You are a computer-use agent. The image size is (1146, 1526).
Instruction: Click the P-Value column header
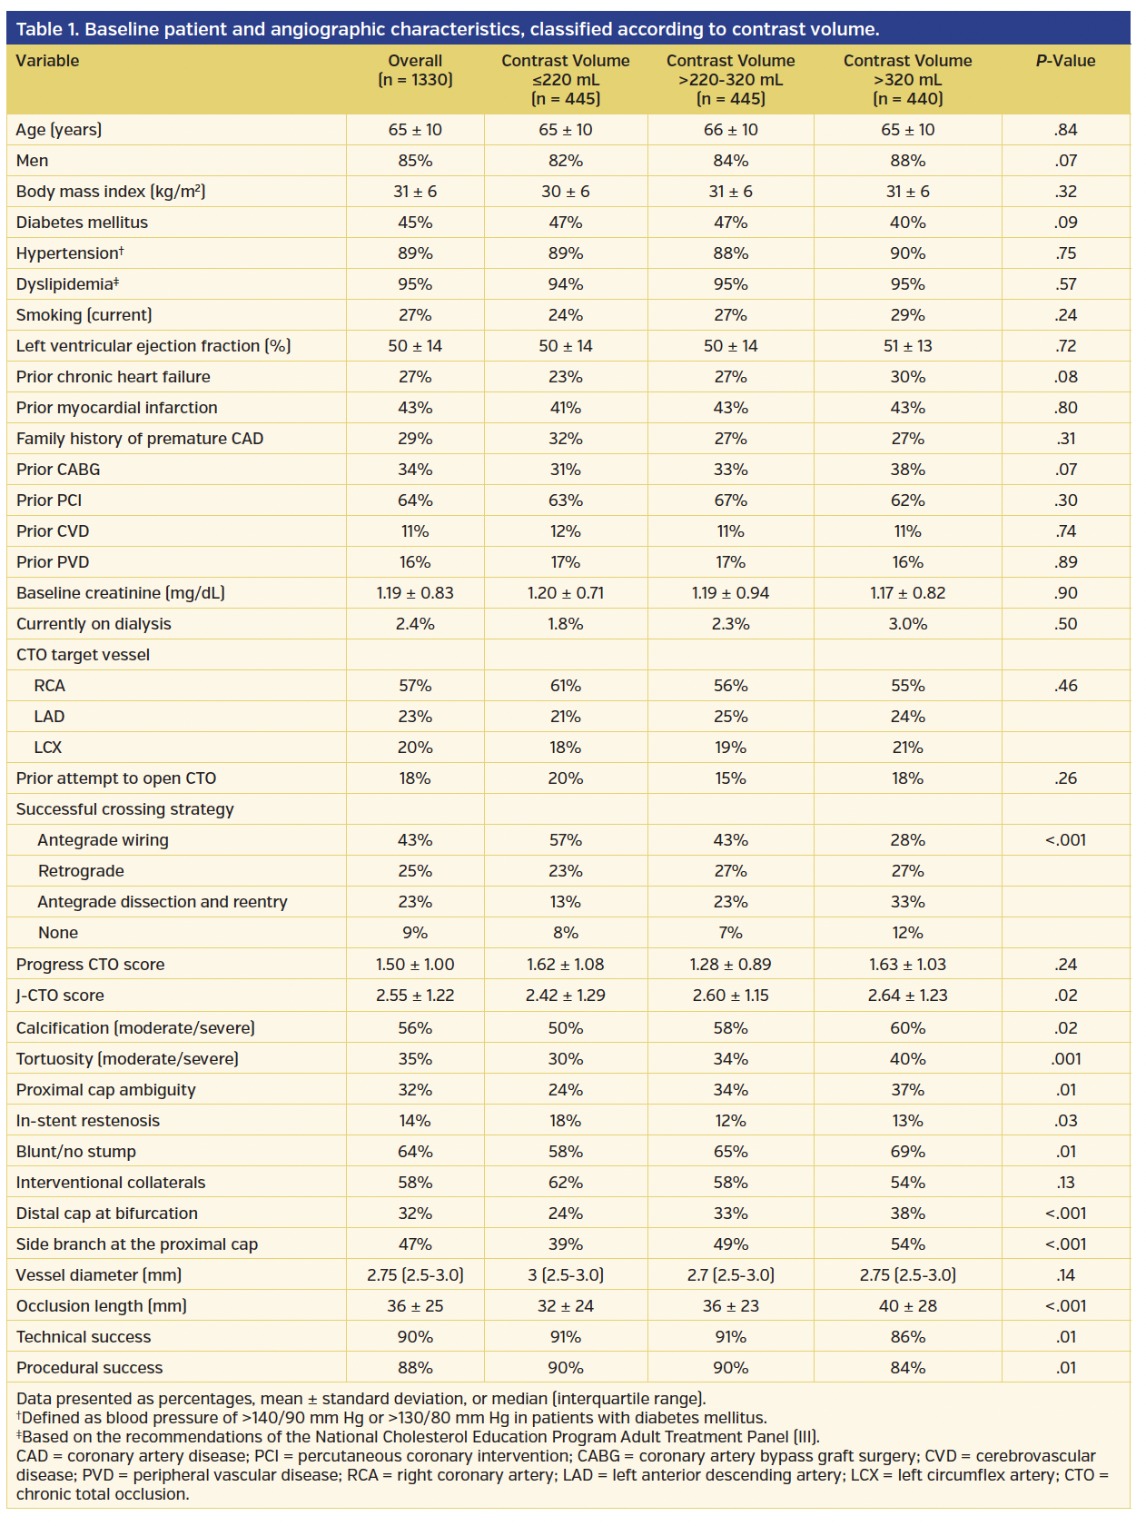pyautogui.click(x=1065, y=61)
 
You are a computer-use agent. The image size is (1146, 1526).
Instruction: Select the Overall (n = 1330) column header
pyautogui.click(x=415, y=70)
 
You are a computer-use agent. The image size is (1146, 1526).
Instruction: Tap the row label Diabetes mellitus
pyautogui.click(x=82, y=223)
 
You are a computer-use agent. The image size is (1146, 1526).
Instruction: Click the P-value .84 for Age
pyautogui.click(x=1065, y=130)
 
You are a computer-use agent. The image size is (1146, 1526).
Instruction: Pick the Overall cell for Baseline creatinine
pyautogui.click(x=415, y=593)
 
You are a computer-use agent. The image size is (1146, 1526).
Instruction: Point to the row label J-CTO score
pyautogui.click(x=60, y=996)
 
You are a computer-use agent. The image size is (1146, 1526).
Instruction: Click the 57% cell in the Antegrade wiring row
pyautogui.click(x=565, y=840)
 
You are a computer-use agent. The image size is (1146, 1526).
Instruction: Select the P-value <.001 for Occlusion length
pyautogui.click(x=1065, y=1306)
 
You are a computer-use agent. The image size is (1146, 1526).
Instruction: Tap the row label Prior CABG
pyautogui.click(x=58, y=470)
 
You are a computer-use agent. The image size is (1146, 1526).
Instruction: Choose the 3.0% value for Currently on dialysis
pyautogui.click(x=907, y=624)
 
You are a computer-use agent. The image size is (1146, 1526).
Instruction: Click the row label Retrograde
pyautogui.click(x=81, y=871)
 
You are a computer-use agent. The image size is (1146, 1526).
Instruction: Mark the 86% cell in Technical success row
pyautogui.click(x=907, y=1337)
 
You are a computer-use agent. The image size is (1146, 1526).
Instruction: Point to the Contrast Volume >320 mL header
pyautogui.click(x=907, y=79)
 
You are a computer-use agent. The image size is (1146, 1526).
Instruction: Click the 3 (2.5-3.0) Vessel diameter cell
pyautogui.click(x=565, y=1275)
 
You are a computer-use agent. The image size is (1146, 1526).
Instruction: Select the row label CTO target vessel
pyautogui.click(x=83, y=655)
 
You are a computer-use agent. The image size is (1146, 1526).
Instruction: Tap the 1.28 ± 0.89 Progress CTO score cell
pyautogui.click(x=730, y=965)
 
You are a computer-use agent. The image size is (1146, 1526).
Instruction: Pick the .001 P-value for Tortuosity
pyautogui.click(x=1065, y=1059)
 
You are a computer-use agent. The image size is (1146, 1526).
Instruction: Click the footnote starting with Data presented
pyautogui.click(x=361, y=1399)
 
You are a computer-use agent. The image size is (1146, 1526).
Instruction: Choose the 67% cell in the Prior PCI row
pyautogui.click(x=730, y=500)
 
